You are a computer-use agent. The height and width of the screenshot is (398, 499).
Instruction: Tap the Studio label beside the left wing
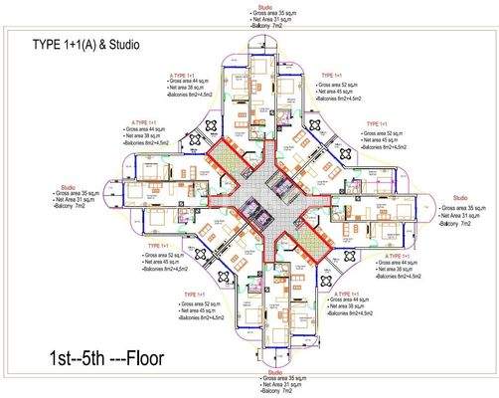tap(67, 186)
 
